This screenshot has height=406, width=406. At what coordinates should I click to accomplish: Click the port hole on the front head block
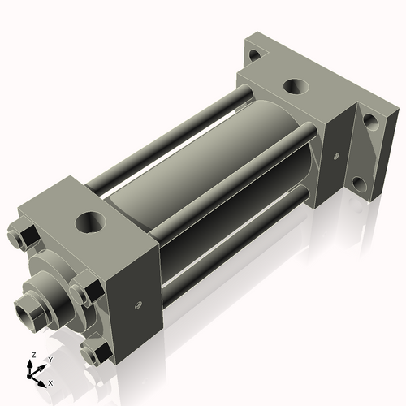coord(91,220)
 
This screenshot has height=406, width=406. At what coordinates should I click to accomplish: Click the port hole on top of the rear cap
coord(293,86)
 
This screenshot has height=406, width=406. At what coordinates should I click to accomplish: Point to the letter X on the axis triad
coord(50,382)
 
